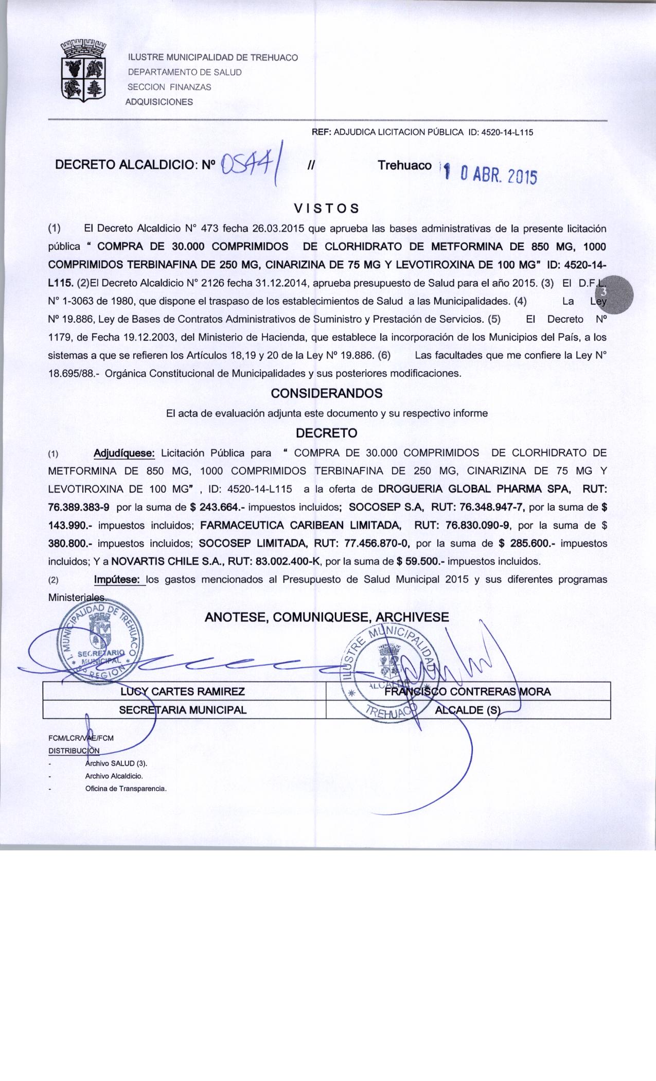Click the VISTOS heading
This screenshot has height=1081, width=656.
click(x=325, y=208)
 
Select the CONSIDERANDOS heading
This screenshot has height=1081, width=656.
click(x=327, y=393)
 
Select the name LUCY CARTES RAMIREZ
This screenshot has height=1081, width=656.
click(x=183, y=691)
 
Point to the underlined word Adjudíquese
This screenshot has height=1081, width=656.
click(x=124, y=453)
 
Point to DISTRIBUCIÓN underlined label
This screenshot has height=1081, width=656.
click(x=74, y=749)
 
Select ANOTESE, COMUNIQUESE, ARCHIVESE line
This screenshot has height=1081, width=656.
click(x=327, y=617)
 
